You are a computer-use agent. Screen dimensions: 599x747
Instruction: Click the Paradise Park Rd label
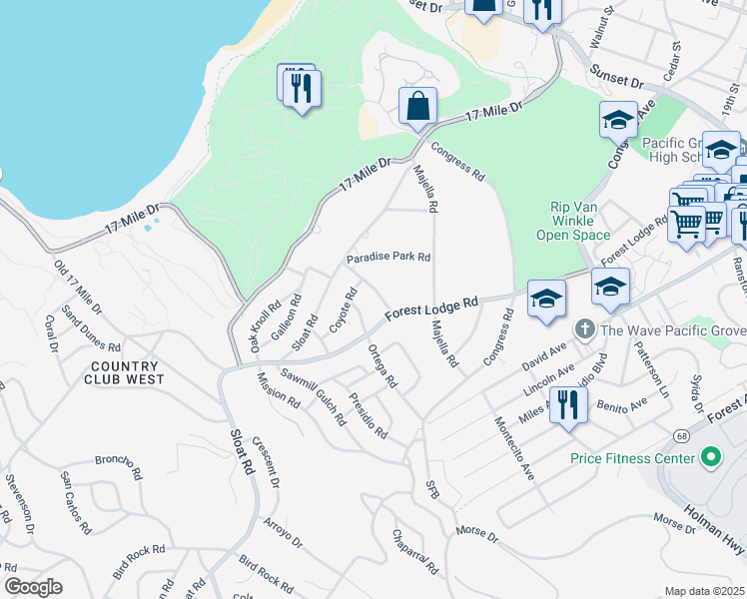point(388,257)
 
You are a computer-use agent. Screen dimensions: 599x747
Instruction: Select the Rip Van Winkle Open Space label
point(579,222)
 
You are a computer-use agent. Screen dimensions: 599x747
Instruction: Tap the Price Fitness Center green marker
point(710,458)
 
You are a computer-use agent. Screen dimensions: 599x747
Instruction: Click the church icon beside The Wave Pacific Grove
point(584,328)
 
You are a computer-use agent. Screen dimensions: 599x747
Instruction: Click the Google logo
point(33,587)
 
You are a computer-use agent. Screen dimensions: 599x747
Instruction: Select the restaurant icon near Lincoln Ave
point(567,406)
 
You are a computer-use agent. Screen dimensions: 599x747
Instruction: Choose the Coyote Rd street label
point(344,308)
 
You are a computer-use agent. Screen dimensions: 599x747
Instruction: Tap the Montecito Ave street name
point(514,446)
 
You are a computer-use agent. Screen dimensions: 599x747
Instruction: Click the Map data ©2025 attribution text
point(704,591)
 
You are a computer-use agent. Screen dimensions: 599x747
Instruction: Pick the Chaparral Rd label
point(415,552)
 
